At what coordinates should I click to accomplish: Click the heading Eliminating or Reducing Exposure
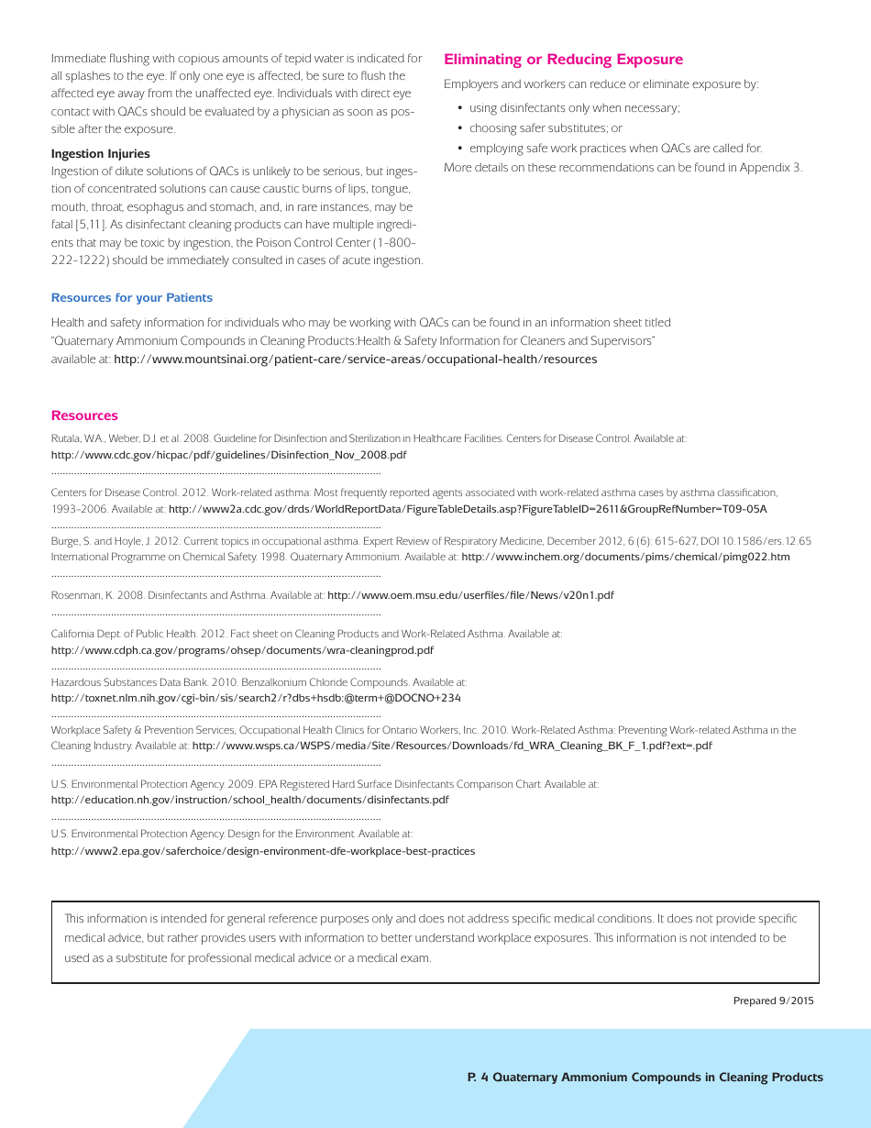(x=563, y=60)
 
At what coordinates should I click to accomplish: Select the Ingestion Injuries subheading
(x=100, y=153)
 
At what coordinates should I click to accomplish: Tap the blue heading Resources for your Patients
(x=131, y=297)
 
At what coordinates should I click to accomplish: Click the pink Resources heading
(x=84, y=415)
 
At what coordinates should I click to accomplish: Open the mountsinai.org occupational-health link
(x=355, y=359)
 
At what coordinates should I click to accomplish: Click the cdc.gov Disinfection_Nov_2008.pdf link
(x=228, y=455)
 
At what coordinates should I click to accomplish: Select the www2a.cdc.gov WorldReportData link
(x=468, y=509)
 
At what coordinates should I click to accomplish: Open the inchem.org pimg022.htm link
(x=625, y=557)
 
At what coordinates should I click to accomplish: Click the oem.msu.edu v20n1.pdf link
(x=470, y=595)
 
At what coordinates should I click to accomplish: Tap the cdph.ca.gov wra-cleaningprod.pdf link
(x=242, y=650)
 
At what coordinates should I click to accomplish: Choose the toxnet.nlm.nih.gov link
(x=256, y=698)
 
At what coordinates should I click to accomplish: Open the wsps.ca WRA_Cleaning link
(x=452, y=746)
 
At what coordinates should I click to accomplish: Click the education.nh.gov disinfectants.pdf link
(x=249, y=800)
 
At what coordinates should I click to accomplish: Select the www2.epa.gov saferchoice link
(x=262, y=851)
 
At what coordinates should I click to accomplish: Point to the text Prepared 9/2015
(x=773, y=1001)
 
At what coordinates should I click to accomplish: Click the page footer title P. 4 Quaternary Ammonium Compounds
(x=645, y=1078)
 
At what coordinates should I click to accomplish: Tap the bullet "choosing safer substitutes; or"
(x=546, y=128)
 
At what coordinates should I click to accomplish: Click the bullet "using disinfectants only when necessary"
(x=574, y=108)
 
